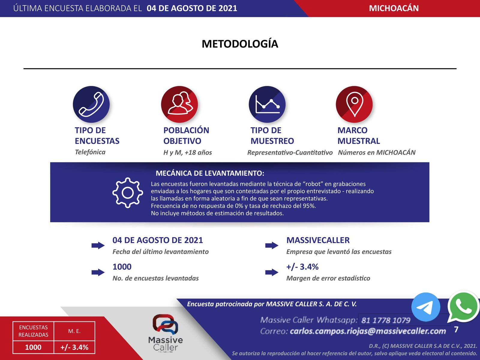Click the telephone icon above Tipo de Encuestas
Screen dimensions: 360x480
91,104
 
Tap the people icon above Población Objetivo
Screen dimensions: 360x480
179,104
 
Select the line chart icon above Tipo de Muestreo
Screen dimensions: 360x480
267,104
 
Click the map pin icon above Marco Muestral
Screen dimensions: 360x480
354,104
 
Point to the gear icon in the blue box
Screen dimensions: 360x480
127,193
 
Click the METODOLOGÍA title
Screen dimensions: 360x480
240,44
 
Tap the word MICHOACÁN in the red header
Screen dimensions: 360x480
394,8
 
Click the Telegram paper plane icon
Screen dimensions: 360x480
425,307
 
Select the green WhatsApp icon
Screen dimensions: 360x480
463,306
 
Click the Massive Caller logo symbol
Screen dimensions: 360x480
165,324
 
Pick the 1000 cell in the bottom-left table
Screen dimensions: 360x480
33,347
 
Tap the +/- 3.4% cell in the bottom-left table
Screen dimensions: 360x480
74,347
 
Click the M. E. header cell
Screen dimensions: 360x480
74,331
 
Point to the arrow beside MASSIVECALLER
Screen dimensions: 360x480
272,245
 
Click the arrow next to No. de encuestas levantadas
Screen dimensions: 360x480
98,272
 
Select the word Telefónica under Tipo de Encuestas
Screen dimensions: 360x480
90,152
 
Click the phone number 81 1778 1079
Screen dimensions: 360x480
385,320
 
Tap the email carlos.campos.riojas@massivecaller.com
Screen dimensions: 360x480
368,331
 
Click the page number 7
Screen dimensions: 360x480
456,330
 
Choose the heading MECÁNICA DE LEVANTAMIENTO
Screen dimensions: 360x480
210,173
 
